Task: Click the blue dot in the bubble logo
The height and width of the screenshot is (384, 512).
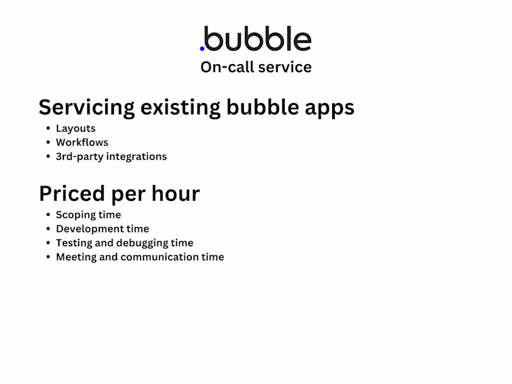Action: (x=202, y=47)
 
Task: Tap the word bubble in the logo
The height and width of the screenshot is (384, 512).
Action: (x=258, y=39)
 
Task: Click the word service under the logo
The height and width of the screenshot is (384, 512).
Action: (x=286, y=67)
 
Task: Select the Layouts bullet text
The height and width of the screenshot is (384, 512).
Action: (x=76, y=129)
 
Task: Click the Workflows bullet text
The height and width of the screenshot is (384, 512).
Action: (x=82, y=143)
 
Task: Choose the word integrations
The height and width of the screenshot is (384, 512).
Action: (x=136, y=157)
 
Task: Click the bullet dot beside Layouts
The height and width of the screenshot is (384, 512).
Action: (x=47, y=129)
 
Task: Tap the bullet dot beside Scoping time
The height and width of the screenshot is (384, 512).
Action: (x=47, y=215)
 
